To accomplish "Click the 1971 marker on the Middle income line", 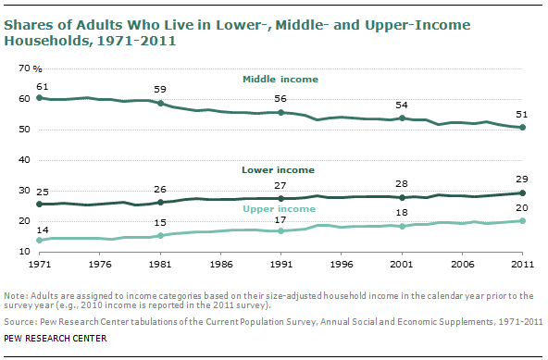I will point(38,97).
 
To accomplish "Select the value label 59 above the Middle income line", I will point(160,91).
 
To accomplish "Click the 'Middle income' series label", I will point(280,81).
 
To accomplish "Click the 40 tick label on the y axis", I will point(24,161).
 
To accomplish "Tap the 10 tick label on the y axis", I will point(24,252).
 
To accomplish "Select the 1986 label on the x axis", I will point(220,264).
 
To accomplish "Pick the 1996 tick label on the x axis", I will point(342,264).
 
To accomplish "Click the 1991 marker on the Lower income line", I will point(281,198).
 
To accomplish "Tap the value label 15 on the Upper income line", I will point(160,222).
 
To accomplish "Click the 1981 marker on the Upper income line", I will point(160,236).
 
